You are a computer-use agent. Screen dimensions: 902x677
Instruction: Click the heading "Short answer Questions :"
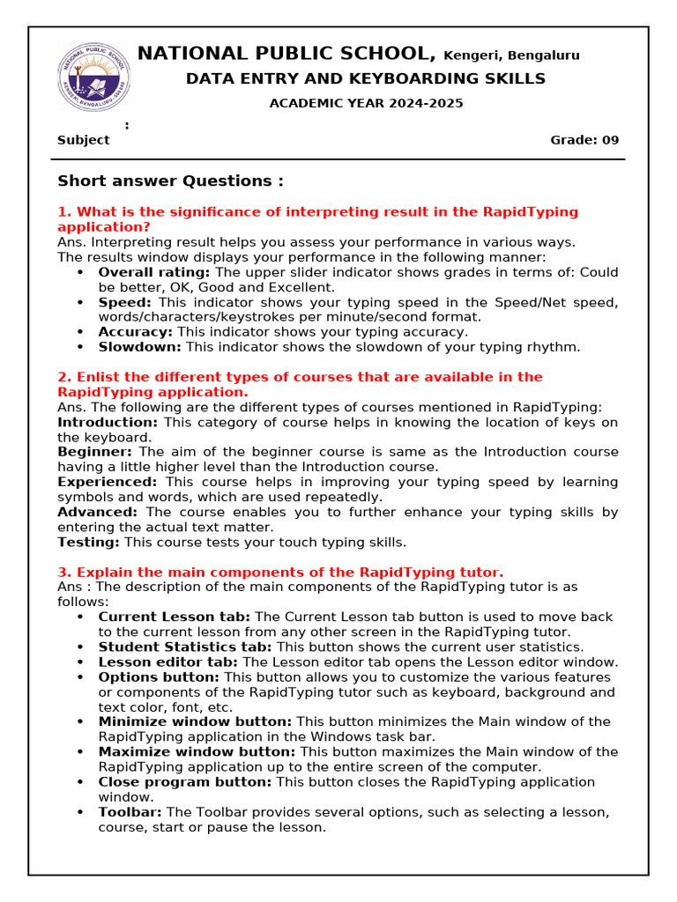pos(170,181)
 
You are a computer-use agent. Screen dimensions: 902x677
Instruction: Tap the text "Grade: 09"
pos(584,140)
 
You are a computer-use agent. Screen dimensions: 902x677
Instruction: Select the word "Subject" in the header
pos(84,140)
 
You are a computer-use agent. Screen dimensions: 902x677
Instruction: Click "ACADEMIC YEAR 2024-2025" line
pos(366,103)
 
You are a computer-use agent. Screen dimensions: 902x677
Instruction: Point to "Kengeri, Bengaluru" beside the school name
pos(511,55)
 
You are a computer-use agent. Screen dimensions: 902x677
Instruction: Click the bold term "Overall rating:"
pos(154,272)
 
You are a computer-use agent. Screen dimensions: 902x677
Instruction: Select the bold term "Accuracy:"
pos(135,332)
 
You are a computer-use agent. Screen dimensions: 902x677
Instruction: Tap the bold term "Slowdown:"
pos(139,347)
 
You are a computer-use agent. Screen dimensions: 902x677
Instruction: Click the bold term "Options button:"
pos(159,677)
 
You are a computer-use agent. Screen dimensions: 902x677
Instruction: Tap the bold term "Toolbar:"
pos(130,812)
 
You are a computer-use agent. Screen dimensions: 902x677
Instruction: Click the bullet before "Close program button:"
pos(81,782)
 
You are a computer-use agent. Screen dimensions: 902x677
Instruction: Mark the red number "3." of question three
pos(63,573)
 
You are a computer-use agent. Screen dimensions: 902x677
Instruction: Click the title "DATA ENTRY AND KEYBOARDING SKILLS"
pos(365,79)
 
